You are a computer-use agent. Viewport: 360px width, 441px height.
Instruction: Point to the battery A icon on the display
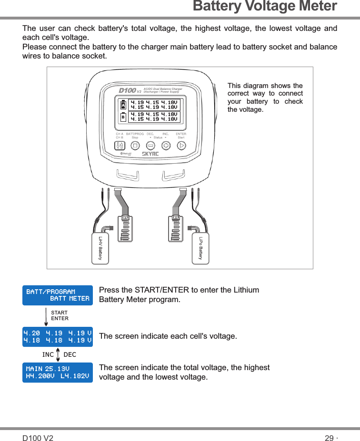(123, 105)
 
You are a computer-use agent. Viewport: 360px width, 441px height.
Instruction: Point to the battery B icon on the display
(123, 117)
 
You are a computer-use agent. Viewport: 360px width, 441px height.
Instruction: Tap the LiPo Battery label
(201, 248)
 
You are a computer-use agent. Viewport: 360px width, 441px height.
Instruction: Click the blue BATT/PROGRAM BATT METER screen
(58, 295)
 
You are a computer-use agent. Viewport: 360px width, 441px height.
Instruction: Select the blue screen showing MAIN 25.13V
(58, 372)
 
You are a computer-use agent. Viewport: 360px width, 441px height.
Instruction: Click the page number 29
(329, 438)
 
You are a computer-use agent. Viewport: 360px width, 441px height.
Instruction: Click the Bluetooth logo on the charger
(126, 154)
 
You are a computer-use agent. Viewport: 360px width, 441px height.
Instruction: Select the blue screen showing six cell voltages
(58, 336)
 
